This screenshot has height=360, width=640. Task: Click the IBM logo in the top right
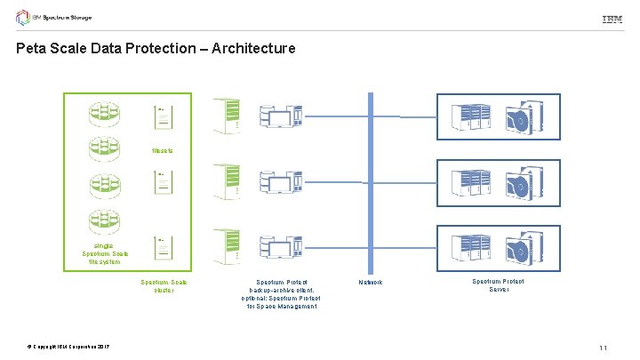612,19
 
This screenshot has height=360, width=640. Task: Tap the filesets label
162,150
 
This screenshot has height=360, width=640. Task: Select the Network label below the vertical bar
370,283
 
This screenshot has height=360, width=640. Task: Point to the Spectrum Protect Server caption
499,285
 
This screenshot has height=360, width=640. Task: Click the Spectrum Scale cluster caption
164,286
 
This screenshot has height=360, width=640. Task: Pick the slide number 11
603,348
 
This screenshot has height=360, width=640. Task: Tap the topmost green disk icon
103,114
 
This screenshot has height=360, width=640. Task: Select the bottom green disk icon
103,223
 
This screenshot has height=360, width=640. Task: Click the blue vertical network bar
370,178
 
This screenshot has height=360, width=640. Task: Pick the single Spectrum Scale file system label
105,253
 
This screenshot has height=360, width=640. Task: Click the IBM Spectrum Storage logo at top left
53,18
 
